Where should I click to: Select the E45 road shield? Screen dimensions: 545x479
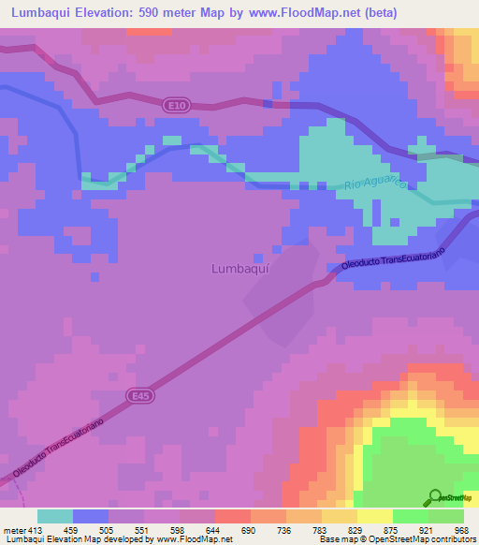tap(140, 396)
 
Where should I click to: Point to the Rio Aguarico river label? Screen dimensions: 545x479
tap(375, 179)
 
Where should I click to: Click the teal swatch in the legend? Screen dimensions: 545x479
tap(54, 516)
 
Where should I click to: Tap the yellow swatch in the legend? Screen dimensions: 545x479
tap(375, 516)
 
